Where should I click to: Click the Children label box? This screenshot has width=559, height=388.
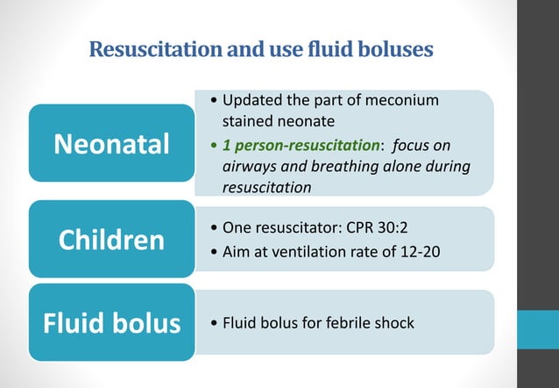[x=110, y=239]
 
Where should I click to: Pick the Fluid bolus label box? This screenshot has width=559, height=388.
[x=110, y=323]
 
